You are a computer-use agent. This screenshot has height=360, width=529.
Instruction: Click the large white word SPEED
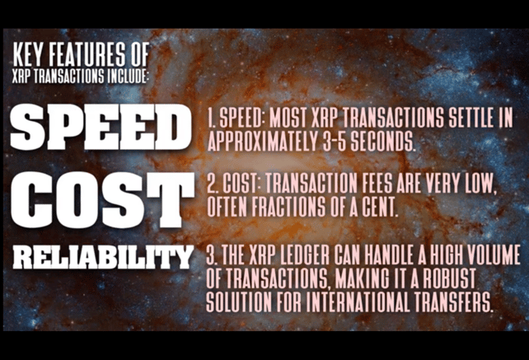(101, 127)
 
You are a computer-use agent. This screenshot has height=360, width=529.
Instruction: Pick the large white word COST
(102, 199)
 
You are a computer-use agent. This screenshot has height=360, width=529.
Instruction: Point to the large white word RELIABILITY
(103, 257)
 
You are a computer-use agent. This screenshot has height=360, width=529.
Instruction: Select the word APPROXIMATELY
(262, 141)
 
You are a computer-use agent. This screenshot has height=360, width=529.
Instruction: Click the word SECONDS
(382, 141)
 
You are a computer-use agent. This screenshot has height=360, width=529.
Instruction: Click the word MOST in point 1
(288, 118)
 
